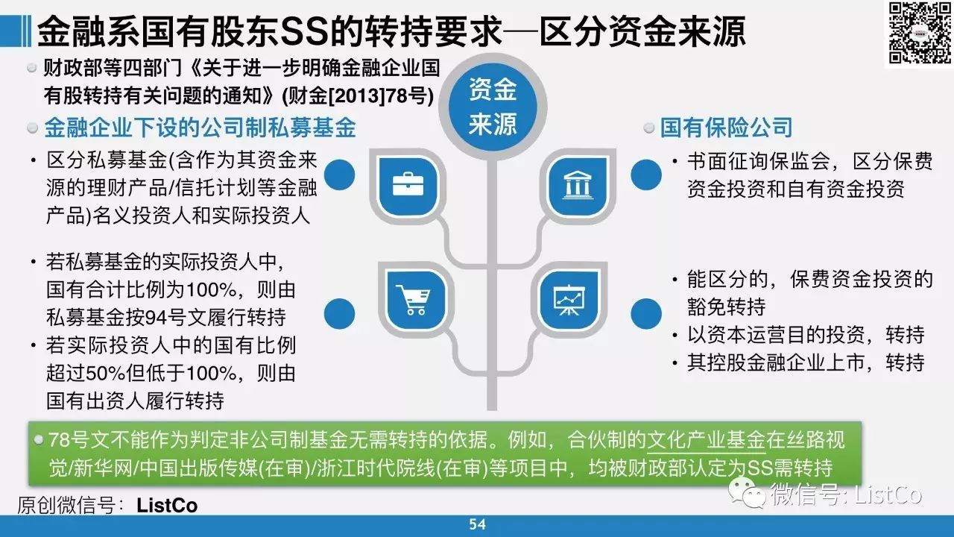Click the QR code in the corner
coord(920,33)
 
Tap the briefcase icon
coord(408,184)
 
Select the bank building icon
coord(577,185)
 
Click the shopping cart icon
coord(413,299)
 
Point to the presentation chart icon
coord(569,299)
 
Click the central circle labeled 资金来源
coord(493,107)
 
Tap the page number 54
coord(477,524)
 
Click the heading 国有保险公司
coord(726,128)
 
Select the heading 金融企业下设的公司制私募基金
coord(200,128)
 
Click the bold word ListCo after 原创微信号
coord(167,506)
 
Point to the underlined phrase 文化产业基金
coord(706,441)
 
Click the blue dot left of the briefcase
coord(339,175)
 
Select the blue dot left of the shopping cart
coord(339,314)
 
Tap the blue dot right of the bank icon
coord(646,175)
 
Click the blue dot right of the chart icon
coord(646,314)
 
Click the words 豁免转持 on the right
coord(726,307)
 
